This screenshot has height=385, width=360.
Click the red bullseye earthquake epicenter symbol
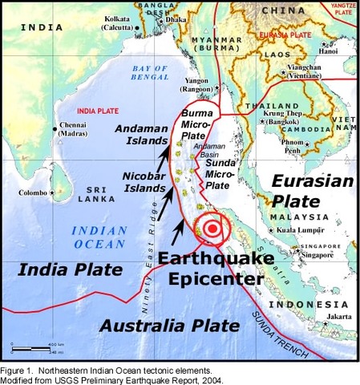click(x=212, y=228)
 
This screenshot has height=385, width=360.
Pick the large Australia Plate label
click(x=170, y=326)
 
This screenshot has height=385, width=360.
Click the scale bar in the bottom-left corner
click(x=31, y=347)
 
